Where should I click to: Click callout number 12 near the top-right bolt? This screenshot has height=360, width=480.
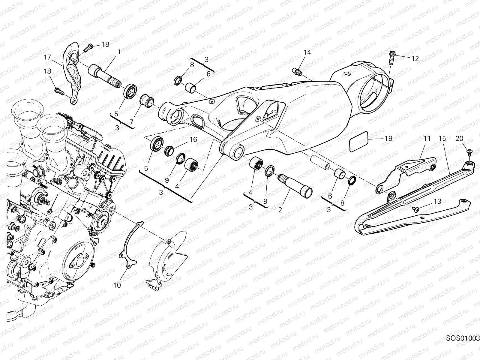click(415, 59)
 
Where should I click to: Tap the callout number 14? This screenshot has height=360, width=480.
click(307, 52)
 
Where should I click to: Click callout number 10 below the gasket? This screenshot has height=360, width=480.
click(117, 285)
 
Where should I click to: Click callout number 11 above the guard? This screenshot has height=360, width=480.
click(427, 139)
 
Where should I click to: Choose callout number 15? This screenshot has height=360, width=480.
click(442, 139)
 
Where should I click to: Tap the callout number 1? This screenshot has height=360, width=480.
click(119, 52)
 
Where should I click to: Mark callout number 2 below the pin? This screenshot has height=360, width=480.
click(280, 210)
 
